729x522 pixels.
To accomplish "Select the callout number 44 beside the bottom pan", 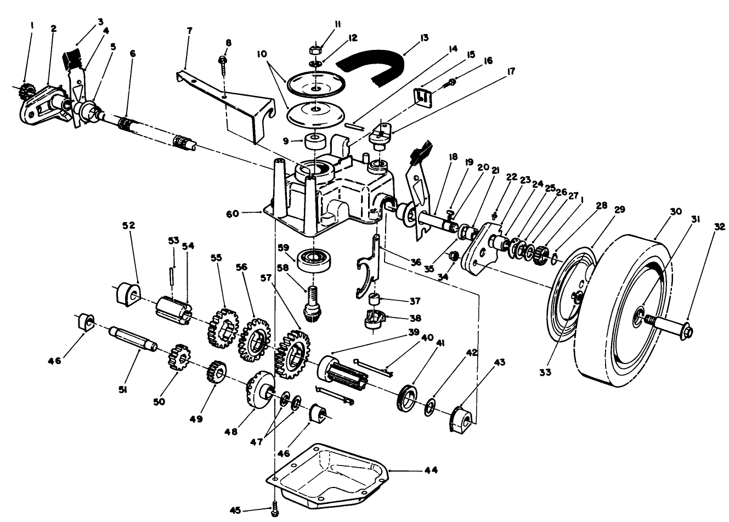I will (430, 470).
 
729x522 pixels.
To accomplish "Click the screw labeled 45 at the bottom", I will (275, 510).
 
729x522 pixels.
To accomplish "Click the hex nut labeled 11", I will (315, 50).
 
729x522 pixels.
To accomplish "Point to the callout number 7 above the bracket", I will (189, 30).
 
